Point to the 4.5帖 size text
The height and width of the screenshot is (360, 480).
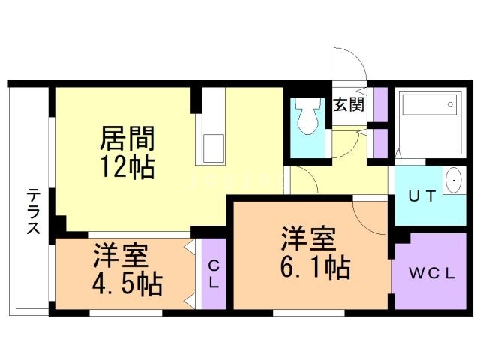pyautogui.click(x=129, y=284)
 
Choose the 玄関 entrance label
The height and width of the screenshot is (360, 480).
pyautogui.click(x=349, y=104)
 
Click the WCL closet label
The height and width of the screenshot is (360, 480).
pyautogui.click(x=431, y=273)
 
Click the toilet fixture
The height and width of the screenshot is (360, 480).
pyautogui.click(x=306, y=118)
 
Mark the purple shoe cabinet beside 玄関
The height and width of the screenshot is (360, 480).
pyautogui.click(x=380, y=105)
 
